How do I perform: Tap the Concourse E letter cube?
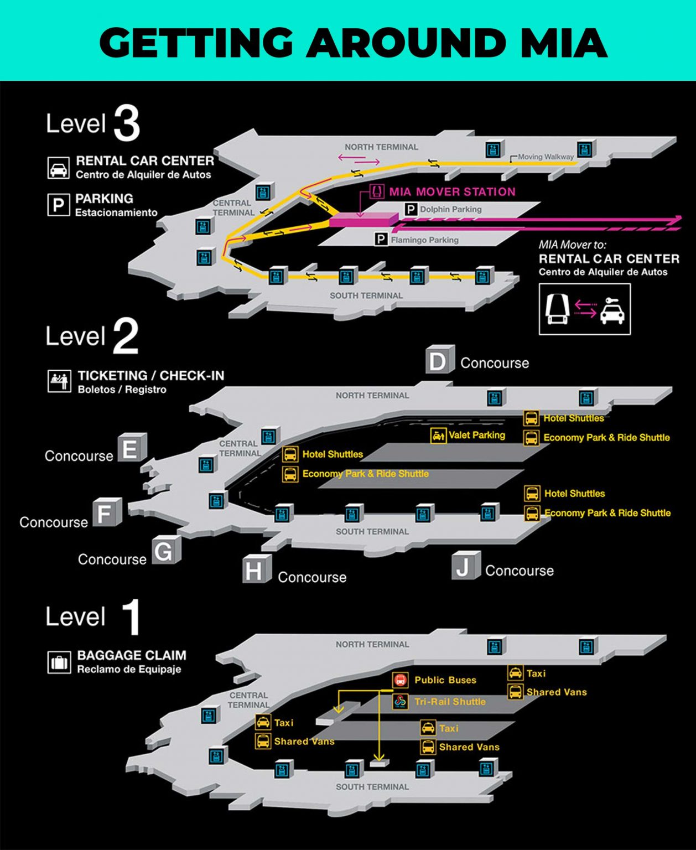(132, 448)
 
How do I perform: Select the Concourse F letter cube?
(106, 513)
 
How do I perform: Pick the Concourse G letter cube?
(165, 550)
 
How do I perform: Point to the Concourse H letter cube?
(256, 569)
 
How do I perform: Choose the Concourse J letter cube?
(465, 566)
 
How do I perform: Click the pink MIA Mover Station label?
(452, 192)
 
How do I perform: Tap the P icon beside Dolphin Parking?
(411, 209)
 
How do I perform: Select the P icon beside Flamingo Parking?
(381, 240)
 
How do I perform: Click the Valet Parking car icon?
(438, 436)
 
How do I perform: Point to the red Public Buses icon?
(400, 680)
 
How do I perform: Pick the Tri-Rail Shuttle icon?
(400, 702)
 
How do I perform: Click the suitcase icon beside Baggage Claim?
(59, 662)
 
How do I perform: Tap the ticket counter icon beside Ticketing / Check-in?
(59, 381)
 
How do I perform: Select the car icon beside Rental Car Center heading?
(59, 168)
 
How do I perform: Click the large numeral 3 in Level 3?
(127, 124)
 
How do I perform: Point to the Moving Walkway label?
(546, 157)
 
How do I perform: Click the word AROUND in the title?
(406, 43)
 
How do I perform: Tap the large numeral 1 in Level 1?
(131, 616)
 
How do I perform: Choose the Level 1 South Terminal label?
(372, 787)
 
